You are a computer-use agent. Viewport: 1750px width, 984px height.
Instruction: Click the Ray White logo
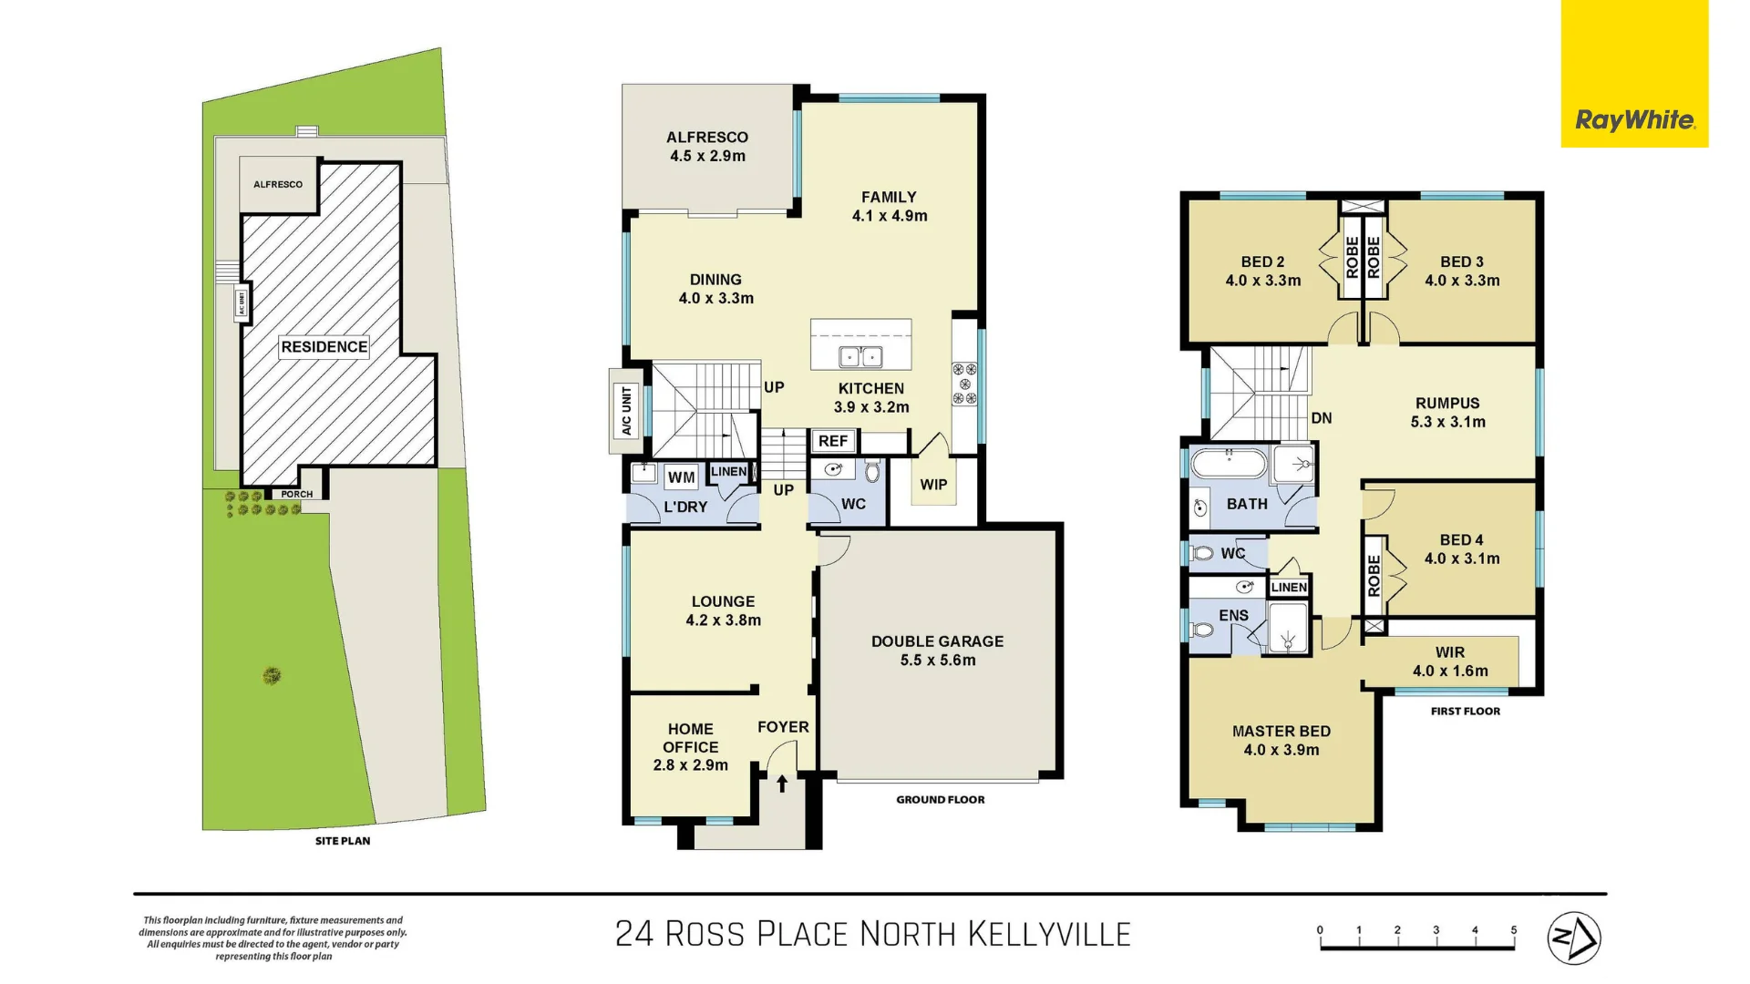[x=1634, y=119]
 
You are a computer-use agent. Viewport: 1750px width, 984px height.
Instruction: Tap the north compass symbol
[x=1574, y=938]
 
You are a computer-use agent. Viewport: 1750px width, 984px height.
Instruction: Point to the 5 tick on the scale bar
[x=1514, y=931]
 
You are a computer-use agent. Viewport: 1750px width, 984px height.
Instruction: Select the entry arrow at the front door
[x=782, y=784]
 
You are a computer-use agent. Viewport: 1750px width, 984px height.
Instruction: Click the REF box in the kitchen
[x=833, y=441]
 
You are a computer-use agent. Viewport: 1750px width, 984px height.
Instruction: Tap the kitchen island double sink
[x=860, y=356]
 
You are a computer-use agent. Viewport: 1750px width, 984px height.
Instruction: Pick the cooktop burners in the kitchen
[x=964, y=384]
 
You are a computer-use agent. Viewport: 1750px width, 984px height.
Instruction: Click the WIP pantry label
[x=933, y=485]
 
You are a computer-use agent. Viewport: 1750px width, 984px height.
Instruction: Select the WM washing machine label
[x=681, y=477]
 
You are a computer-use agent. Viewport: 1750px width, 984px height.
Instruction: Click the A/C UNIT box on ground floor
[x=626, y=411]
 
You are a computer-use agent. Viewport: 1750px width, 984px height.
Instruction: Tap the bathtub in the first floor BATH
[x=1230, y=463]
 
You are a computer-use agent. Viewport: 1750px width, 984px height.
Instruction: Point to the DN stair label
[x=1322, y=418]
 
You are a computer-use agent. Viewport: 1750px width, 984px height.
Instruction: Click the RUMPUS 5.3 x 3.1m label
[x=1447, y=412]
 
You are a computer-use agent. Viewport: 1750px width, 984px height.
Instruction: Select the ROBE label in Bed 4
[x=1374, y=576]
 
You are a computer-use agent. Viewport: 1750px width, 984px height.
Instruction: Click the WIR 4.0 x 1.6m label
[x=1450, y=661]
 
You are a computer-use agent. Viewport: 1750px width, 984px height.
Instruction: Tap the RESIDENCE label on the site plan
[x=324, y=347]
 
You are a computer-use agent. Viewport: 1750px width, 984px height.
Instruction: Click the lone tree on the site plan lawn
[x=272, y=675]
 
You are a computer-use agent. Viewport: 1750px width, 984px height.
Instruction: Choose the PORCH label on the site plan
[x=296, y=494]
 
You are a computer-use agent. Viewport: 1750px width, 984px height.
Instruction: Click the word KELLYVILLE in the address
[x=1048, y=935]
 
